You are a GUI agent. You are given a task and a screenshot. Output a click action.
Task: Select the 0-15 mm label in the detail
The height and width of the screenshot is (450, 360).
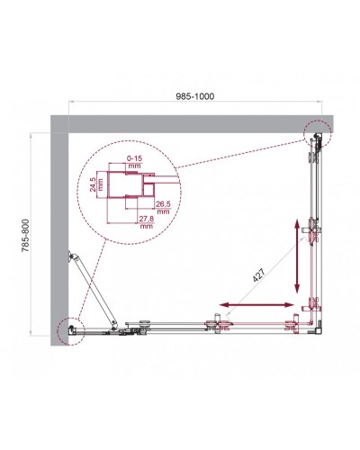pos(135,163)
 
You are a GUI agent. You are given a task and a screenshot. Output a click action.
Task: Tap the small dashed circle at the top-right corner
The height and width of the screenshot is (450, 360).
pos(317,134)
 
